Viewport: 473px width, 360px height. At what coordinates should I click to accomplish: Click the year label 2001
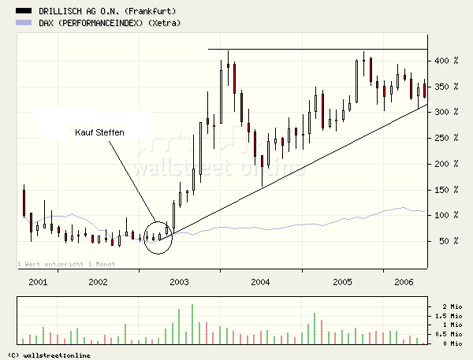click(37, 281)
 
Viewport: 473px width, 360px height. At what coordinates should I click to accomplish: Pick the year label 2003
click(180, 281)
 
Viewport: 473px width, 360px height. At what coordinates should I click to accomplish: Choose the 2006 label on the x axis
click(403, 281)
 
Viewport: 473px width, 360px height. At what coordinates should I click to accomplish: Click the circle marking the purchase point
click(158, 237)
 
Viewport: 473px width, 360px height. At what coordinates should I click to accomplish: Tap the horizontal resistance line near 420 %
click(315, 50)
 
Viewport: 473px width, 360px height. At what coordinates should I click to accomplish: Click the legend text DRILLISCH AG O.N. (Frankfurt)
click(106, 10)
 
